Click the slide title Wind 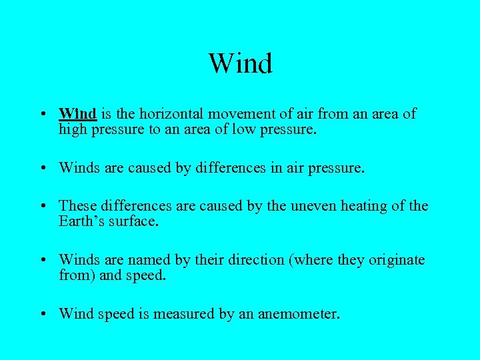tap(240, 64)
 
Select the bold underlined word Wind tap(78, 113)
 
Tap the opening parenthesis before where tap(288, 259)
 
